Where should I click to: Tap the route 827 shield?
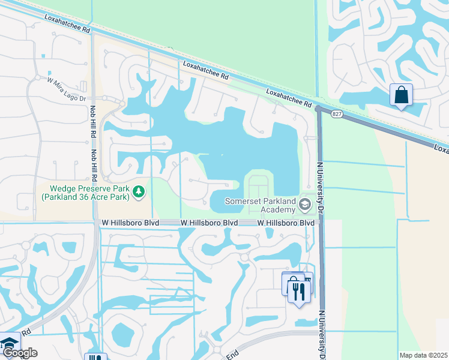tap(337, 114)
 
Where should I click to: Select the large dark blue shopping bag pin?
tap(401, 95)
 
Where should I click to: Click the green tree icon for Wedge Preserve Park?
tap(139, 191)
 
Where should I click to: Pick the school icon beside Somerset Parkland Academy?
tap(304, 206)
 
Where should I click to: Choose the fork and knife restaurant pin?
tap(299, 292)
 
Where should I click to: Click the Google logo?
tap(20, 352)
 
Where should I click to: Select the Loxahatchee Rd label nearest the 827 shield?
tap(289, 97)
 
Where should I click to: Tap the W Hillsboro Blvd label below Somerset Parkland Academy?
tap(286, 223)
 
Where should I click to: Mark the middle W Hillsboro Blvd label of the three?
tap(209, 223)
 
